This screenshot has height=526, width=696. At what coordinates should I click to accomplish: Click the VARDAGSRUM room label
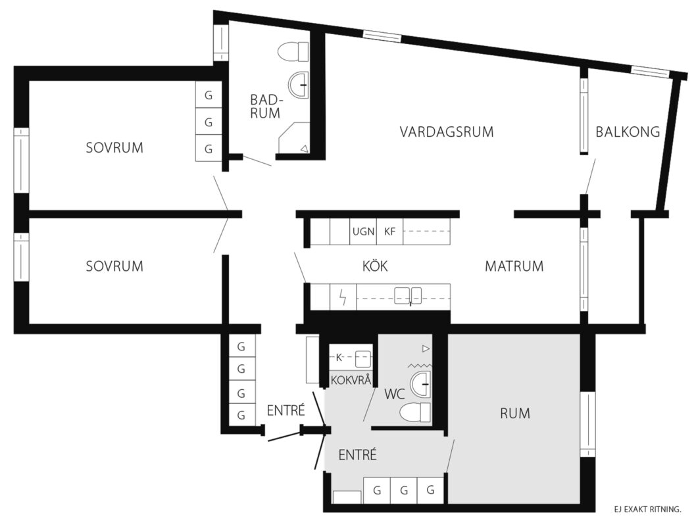[x=447, y=132]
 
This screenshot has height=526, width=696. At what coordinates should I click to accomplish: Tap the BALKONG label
[x=628, y=131]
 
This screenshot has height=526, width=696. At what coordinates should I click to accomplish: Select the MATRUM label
[x=514, y=266]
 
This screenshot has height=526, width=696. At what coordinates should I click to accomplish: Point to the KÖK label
[x=375, y=266]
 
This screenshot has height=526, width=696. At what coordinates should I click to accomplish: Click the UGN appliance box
[x=363, y=231]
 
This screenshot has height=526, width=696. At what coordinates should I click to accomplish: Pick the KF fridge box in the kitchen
[x=389, y=231]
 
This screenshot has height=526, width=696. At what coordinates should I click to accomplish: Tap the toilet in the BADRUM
[x=293, y=52]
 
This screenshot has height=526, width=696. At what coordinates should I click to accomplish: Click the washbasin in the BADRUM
[x=298, y=84]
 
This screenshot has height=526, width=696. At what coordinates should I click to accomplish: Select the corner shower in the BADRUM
[x=294, y=138]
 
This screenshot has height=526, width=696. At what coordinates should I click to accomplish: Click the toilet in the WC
[x=416, y=412]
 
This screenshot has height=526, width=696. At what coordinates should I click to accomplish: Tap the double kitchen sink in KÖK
[x=409, y=296]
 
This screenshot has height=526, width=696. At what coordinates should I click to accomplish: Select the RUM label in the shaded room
[x=515, y=414]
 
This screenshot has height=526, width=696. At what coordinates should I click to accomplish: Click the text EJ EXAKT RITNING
[x=647, y=510]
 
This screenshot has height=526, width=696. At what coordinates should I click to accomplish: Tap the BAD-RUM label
[x=265, y=107]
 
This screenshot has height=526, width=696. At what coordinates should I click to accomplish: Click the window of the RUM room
[x=587, y=424]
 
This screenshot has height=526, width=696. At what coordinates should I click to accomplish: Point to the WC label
[x=395, y=394]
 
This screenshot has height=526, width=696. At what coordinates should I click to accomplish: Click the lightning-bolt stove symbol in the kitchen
[x=343, y=297]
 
